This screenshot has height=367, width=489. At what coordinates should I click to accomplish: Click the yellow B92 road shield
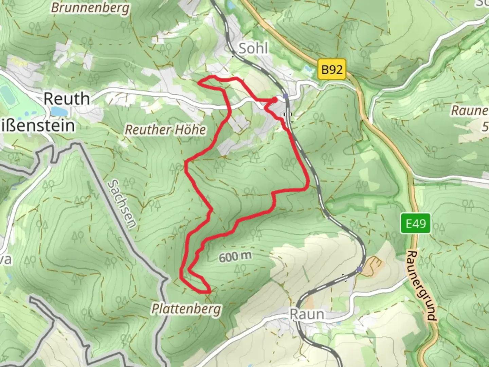coord(332,70)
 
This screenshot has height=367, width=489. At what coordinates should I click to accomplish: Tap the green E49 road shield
coord(416,224)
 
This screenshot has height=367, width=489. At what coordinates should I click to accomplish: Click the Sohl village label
coord(253,49)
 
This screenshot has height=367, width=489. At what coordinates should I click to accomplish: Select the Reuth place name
coord(67,99)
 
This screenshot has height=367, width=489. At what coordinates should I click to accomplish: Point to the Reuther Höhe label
coord(165,129)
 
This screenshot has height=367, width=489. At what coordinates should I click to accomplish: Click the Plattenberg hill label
coord(186,309)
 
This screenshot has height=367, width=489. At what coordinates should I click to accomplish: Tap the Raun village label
coord(307,314)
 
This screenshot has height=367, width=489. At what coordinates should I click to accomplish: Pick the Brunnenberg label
coord(90,7)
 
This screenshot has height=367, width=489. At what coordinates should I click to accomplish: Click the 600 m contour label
coord(235,257)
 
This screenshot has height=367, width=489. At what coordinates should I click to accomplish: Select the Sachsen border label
coord(122,204)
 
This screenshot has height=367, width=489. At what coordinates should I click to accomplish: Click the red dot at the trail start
coord(274,100)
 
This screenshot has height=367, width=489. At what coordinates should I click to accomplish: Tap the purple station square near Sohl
coord(286,96)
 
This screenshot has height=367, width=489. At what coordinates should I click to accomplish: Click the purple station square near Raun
coord(360,269)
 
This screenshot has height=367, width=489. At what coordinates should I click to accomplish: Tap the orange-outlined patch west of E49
coord(374,263)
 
